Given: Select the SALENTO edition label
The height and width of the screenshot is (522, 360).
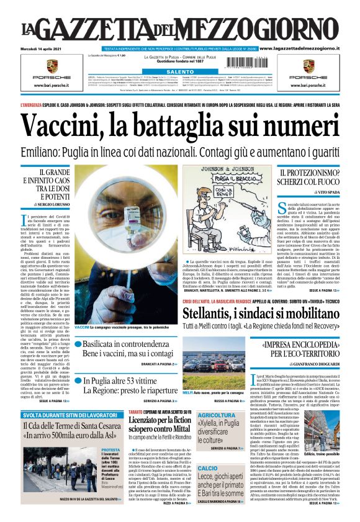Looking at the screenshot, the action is tap(179, 72).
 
